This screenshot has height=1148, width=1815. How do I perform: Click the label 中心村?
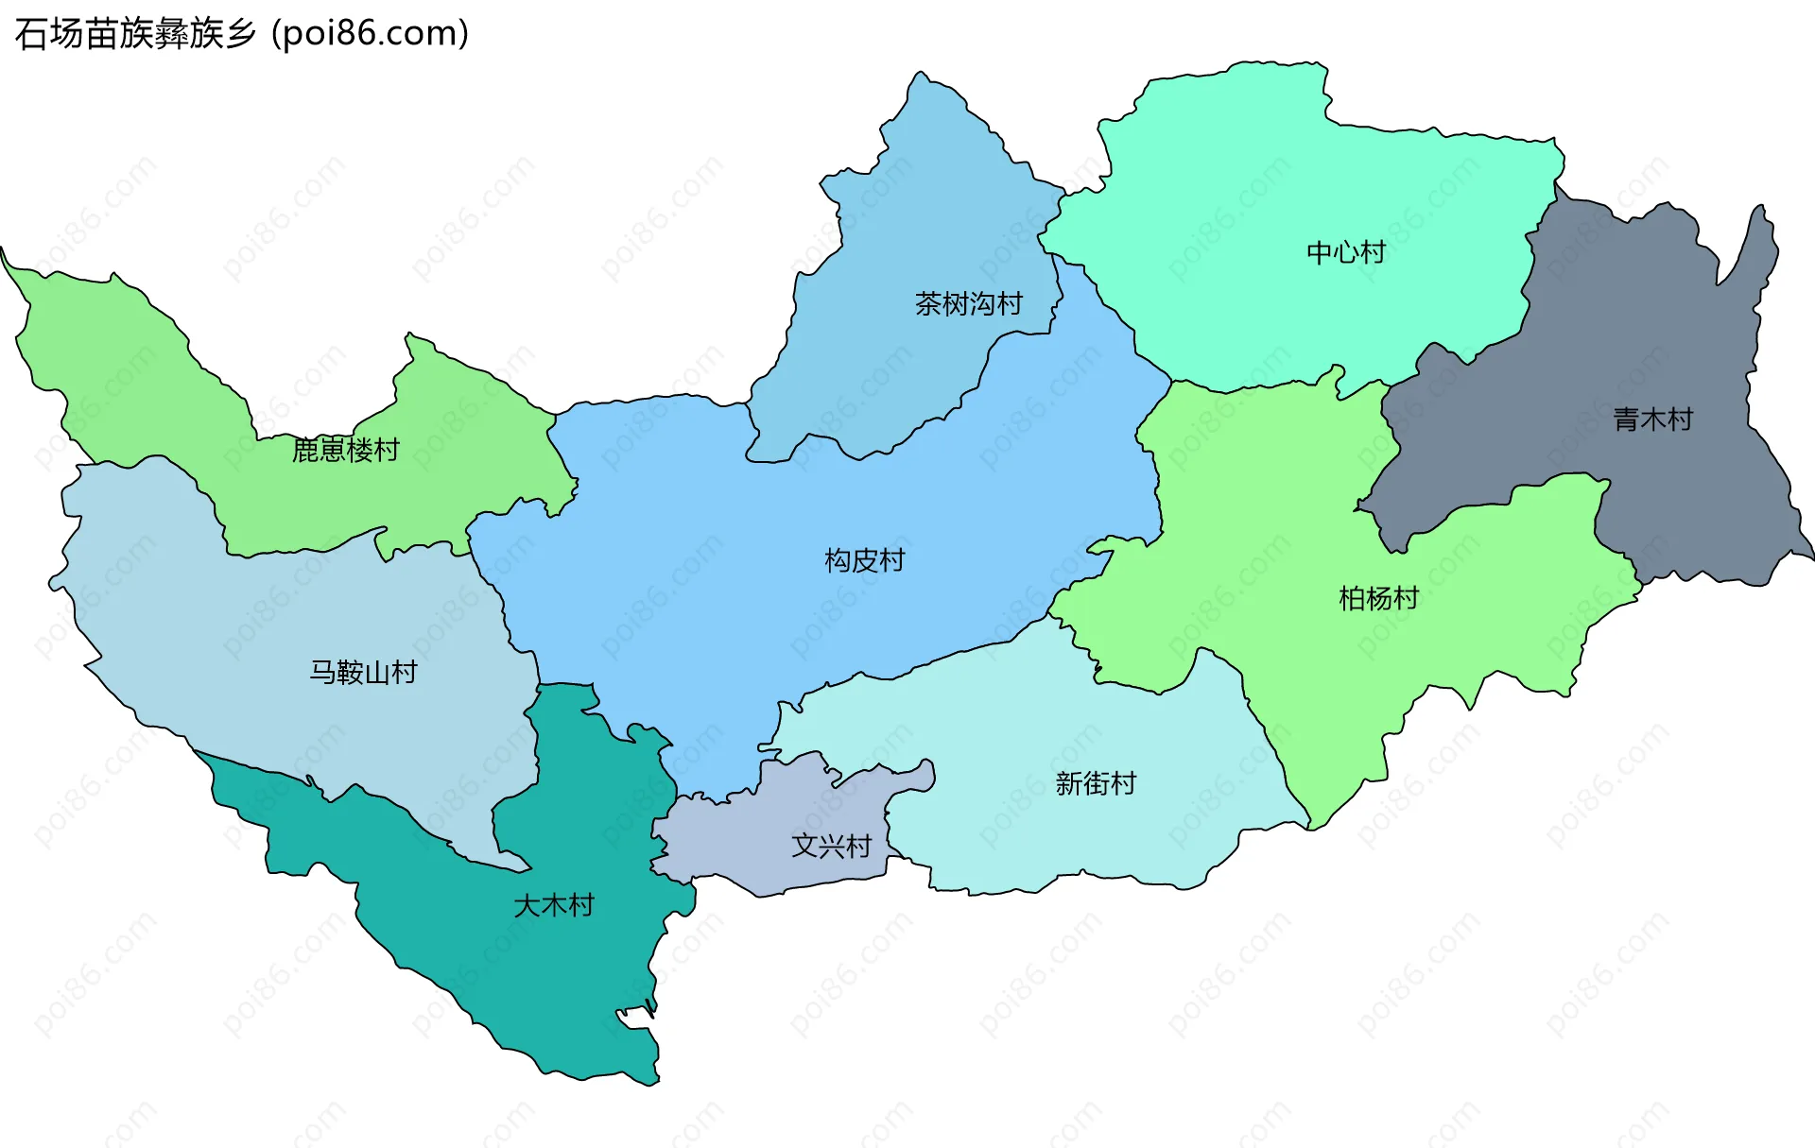1345,252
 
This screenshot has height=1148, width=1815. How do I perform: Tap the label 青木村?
1651,419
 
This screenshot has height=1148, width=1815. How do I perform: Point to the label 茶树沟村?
968,303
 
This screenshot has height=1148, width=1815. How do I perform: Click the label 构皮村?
864,560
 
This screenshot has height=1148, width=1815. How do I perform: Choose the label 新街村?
1095,783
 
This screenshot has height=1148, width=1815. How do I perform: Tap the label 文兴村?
830,845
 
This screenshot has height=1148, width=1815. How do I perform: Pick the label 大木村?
553,905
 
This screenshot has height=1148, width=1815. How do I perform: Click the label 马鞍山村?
363,672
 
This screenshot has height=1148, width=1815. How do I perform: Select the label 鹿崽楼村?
345,450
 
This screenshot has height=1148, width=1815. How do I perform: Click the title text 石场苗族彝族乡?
135,34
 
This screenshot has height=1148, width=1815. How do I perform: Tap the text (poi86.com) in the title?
371,34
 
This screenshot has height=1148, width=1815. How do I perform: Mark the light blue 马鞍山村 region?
284,614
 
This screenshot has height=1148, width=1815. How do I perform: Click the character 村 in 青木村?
1679,419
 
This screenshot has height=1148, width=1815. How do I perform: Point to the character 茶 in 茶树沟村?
927,303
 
